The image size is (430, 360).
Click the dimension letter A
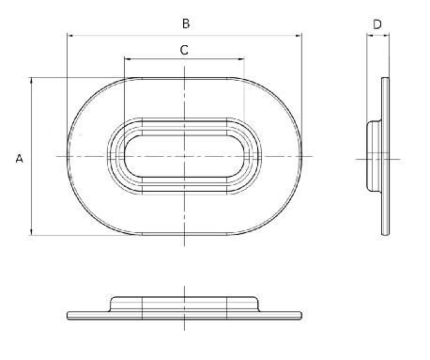[x=19, y=159]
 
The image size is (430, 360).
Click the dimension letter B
[x=186, y=23]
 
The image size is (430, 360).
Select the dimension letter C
[x=184, y=50]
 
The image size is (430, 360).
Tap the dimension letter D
[x=377, y=24]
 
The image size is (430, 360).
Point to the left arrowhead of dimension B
[x=69, y=36]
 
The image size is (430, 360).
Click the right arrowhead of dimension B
[x=299, y=36]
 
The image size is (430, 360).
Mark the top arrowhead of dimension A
[x=31, y=80]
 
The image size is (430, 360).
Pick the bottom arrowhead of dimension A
[x=31, y=232]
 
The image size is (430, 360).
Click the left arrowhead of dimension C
[x=127, y=58]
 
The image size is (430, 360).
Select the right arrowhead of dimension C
[x=241, y=58]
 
